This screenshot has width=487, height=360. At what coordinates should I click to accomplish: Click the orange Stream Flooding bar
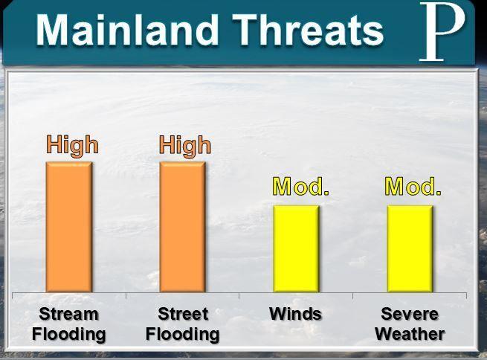[x=69, y=227]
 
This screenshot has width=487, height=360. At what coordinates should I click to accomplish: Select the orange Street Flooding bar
[x=183, y=227]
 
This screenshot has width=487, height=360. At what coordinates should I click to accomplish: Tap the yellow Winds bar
[x=297, y=248]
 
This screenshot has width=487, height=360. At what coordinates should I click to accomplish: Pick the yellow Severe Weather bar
[x=410, y=248]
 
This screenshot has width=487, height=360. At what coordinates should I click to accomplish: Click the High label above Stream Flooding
[x=73, y=146]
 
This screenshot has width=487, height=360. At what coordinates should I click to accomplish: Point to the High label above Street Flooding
[x=185, y=146]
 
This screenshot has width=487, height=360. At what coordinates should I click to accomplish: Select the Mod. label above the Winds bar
[x=300, y=187]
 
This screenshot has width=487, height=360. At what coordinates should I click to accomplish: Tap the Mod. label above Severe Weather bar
[x=413, y=187]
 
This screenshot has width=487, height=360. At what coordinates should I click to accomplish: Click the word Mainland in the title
[x=127, y=30]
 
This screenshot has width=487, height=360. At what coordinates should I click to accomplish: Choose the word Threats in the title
[x=308, y=30]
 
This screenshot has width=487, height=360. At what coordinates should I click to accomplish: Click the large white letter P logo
[x=442, y=31]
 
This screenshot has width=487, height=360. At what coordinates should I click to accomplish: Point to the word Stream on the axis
[x=68, y=314]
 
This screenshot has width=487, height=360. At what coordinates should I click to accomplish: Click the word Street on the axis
[x=183, y=314]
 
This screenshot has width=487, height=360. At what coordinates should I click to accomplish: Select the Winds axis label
[x=295, y=314]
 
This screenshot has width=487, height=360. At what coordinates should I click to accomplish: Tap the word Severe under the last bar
[x=410, y=314]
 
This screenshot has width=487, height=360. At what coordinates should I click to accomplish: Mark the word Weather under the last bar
[x=410, y=334]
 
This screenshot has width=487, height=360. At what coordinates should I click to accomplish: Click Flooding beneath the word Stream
[x=69, y=335]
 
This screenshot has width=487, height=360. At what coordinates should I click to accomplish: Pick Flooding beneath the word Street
[x=183, y=335]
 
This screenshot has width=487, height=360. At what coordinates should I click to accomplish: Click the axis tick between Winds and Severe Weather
[x=353, y=296]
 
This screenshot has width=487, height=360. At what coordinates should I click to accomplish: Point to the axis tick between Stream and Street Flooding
[x=126, y=296]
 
